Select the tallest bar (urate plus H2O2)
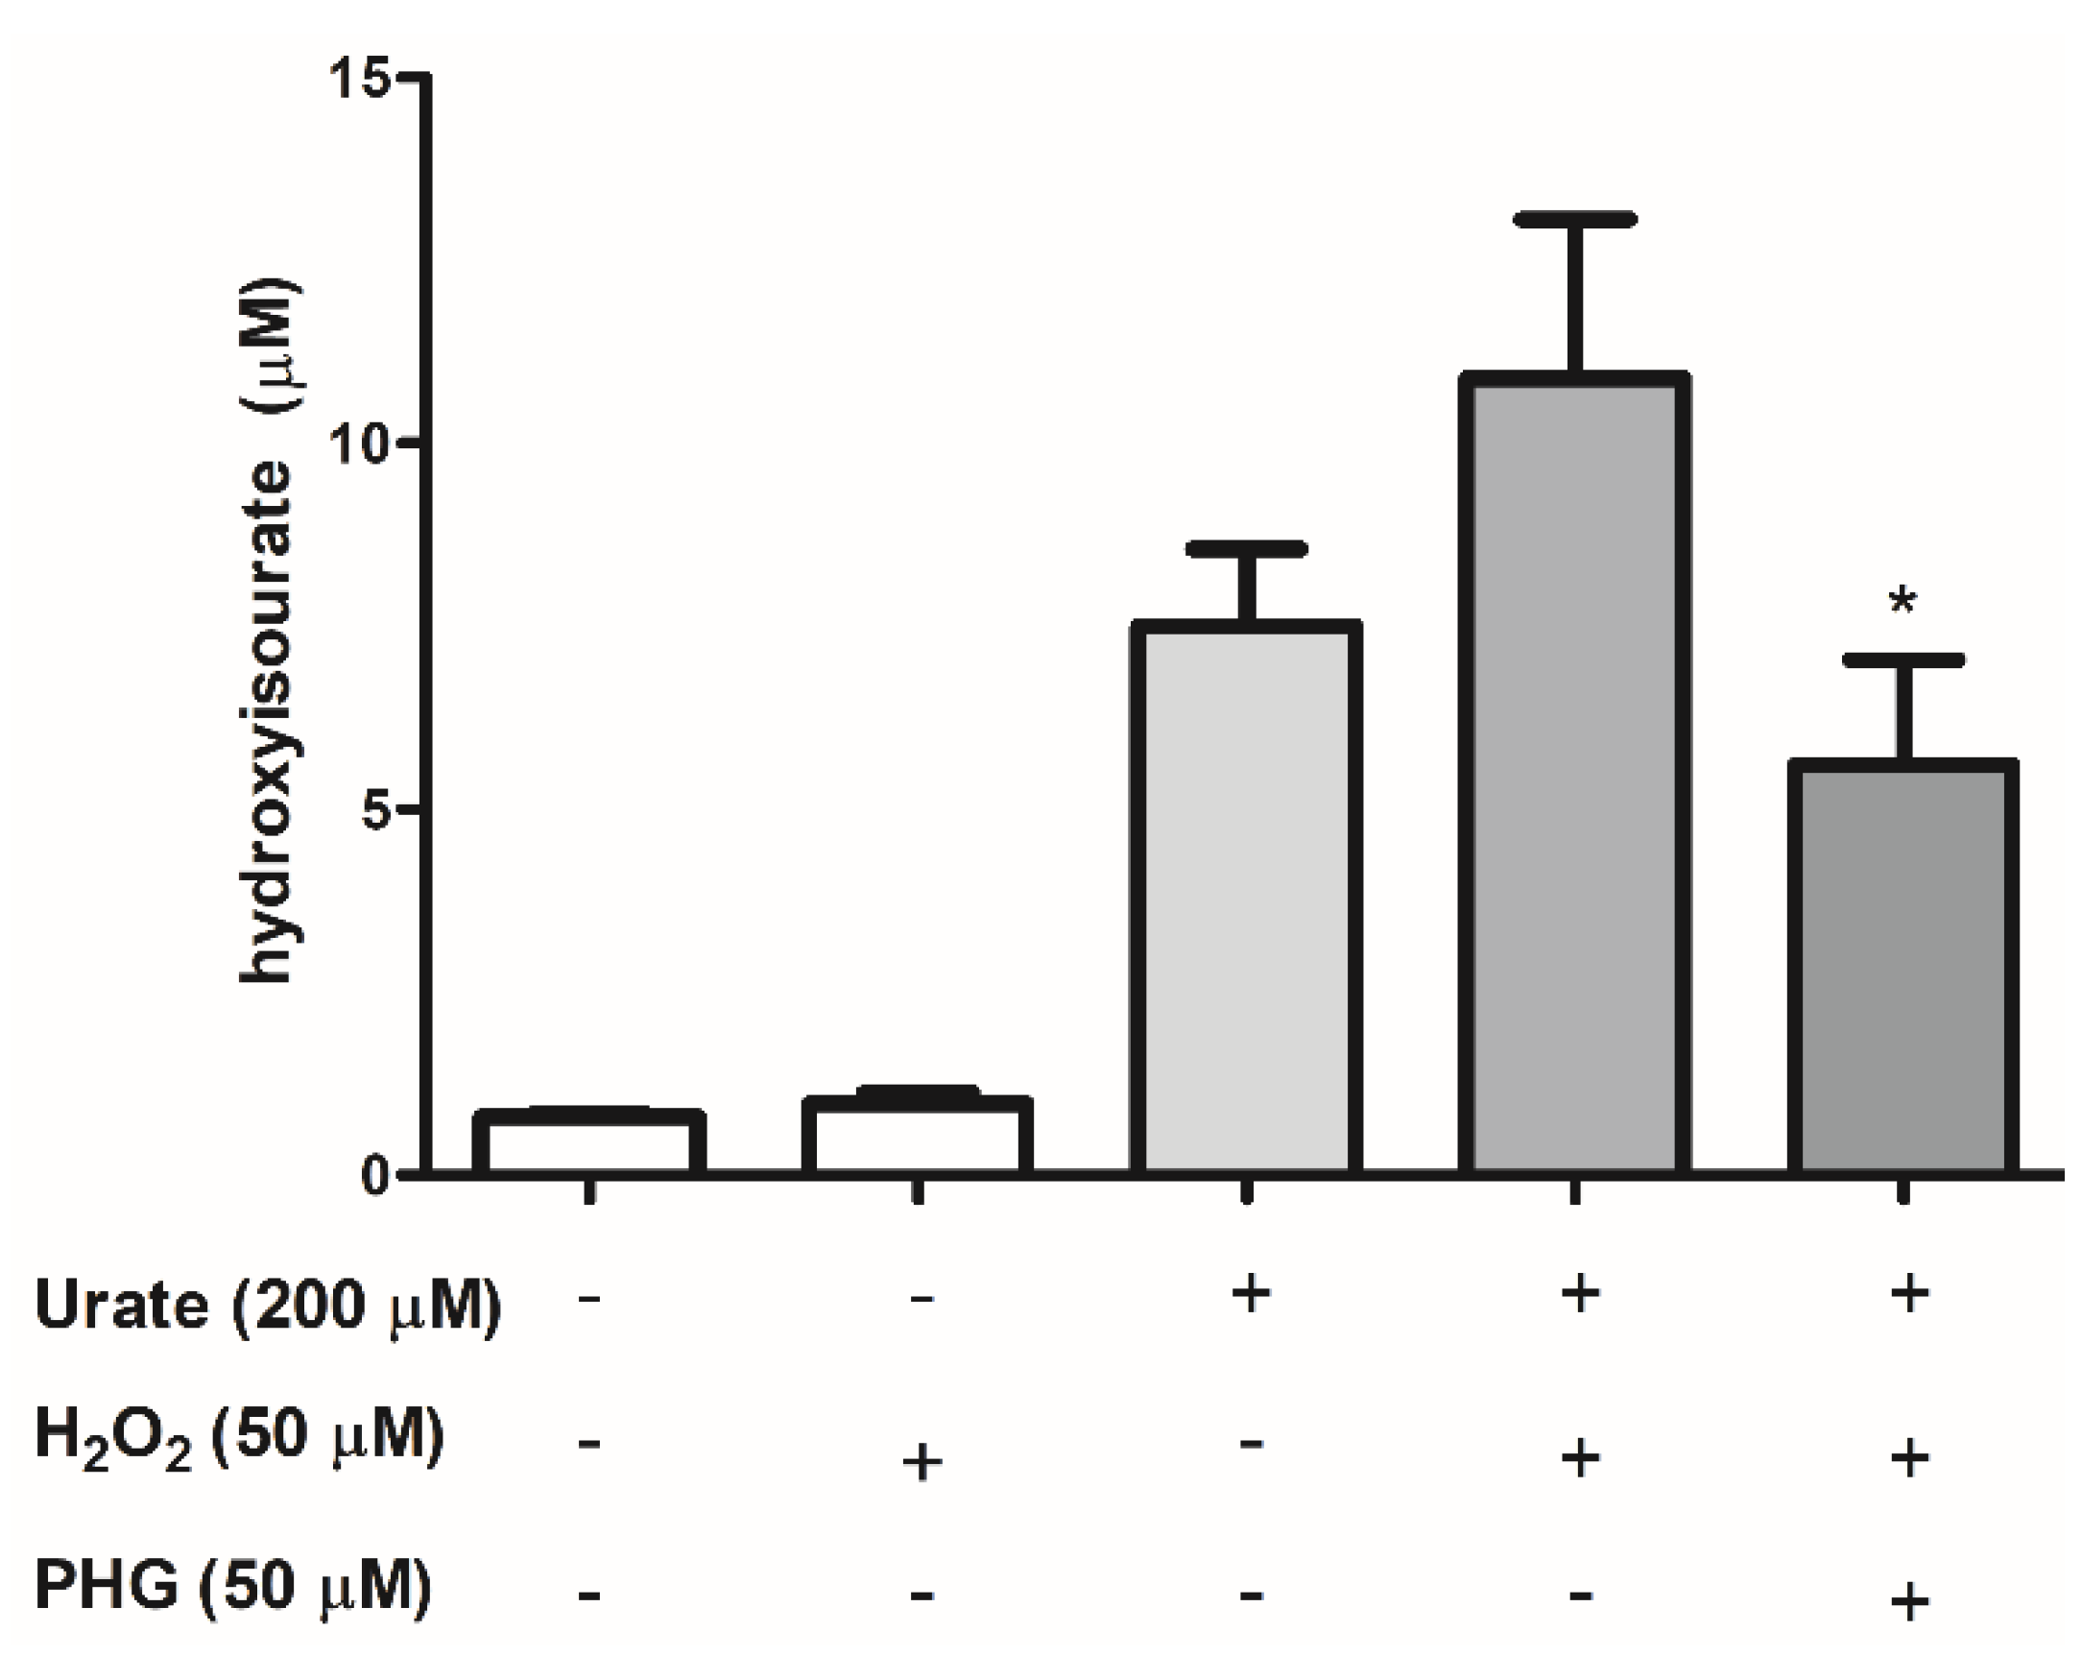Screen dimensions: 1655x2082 click(1575, 773)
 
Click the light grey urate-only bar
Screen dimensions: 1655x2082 click(1246, 898)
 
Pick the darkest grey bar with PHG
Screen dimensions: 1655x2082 click(1903, 966)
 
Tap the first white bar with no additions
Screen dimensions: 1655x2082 click(588, 1143)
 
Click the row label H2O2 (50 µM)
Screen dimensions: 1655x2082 click(238, 1437)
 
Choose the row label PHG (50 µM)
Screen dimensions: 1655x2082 click(231, 1586)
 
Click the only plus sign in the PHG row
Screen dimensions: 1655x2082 click(1908, 1603)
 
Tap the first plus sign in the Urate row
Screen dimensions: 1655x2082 click(1250, 1294)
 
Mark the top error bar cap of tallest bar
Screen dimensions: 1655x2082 click(1575, 220)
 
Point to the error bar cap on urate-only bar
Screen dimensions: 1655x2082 click(1246, 549)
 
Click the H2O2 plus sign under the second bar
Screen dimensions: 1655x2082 click(921, 1462)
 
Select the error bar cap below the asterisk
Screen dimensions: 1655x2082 click(1903, 660)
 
